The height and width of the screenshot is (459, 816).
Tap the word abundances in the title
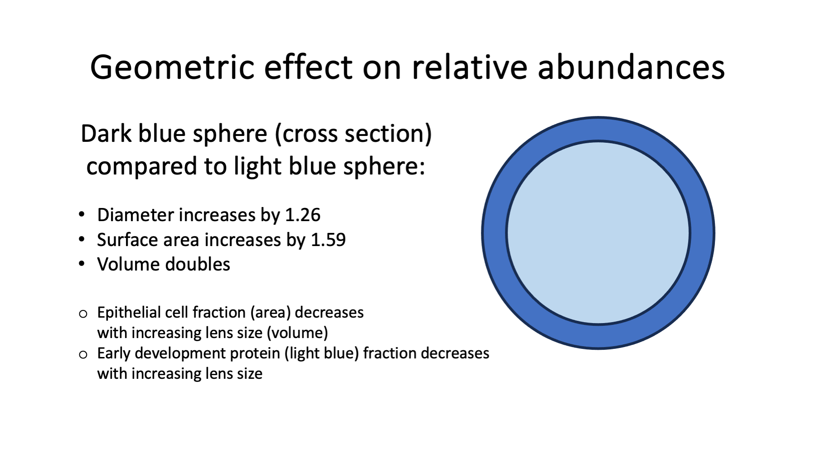point(631,67)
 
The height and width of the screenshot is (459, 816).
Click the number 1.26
point(302,215)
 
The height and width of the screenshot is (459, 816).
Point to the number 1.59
point(328,240)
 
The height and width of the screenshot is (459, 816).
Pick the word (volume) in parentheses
point(297,333)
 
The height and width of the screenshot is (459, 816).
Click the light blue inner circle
point(598,233)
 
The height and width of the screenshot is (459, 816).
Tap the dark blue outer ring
point(494,233)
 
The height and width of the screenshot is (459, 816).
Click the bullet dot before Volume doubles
point(82,264)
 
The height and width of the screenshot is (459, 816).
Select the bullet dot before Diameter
point(82,214)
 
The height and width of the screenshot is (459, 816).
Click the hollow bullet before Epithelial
point(83,314)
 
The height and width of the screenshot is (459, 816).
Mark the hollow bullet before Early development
point(83,354)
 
